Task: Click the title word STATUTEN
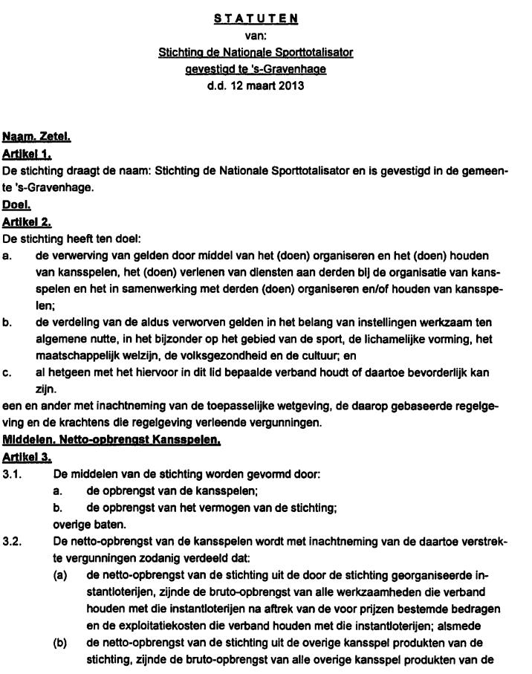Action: (256, 19)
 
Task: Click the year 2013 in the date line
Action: (291, 85)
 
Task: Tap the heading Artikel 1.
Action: (31, 154)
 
